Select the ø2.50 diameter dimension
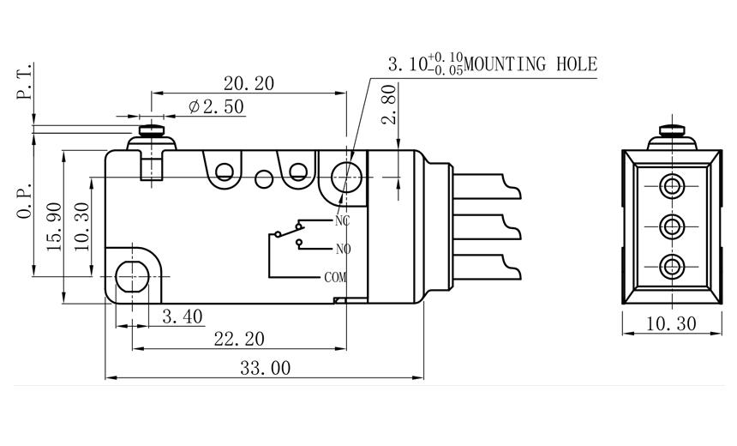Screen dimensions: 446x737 click(x=216, y=107)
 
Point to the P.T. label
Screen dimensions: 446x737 click(x=25, y=81)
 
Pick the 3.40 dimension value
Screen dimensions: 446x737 click(x=182, y=316)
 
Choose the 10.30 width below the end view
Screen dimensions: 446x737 click(x=671, y=323)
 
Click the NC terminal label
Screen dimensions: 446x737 click(x=343, y=220)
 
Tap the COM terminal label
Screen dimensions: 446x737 click(x=335, y=277)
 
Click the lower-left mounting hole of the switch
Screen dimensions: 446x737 click(x=132, y=275)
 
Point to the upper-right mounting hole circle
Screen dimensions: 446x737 click(x=347, y=178)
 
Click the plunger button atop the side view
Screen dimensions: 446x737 click(x=153, y=131)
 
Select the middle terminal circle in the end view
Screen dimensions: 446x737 click(x=671, y=226)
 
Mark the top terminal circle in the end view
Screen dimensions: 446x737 click(x=671, y=186)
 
